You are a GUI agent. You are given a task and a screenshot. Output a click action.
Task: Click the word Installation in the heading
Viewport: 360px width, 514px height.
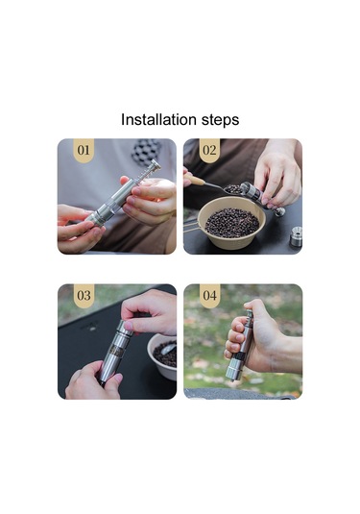pos(158,119)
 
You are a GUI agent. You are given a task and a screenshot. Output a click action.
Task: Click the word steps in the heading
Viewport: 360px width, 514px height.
pos(220,120)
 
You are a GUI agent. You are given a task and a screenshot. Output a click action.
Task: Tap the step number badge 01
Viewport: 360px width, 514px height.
pos(84,150)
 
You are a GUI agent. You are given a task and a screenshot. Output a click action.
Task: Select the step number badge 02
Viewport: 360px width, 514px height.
pos(209,150)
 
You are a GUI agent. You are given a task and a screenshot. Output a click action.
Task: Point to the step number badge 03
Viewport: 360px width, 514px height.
pos(84,296)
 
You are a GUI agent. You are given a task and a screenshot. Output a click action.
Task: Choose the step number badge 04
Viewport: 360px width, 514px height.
pos(209,296)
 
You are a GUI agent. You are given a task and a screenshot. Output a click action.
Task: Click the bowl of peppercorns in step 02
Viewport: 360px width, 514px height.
pos(232,223)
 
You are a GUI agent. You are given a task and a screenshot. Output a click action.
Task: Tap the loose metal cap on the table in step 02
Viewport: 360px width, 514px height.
pos(296,236)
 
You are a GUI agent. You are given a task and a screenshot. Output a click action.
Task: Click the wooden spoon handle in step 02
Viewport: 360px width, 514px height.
pos(195,179)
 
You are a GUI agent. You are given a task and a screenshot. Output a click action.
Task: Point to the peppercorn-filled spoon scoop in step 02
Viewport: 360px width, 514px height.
pos(232,189)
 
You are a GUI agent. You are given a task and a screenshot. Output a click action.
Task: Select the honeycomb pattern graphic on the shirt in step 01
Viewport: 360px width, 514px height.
pos(146,150)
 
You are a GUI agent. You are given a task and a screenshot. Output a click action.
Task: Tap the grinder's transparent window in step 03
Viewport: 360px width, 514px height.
pos(117,351)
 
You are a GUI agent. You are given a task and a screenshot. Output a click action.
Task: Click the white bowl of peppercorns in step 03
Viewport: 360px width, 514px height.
pos(162,356)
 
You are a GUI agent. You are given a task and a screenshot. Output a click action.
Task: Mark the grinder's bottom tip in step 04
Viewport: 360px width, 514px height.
pos(233,379)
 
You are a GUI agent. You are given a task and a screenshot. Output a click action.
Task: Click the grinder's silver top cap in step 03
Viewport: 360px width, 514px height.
pos(125,329)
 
